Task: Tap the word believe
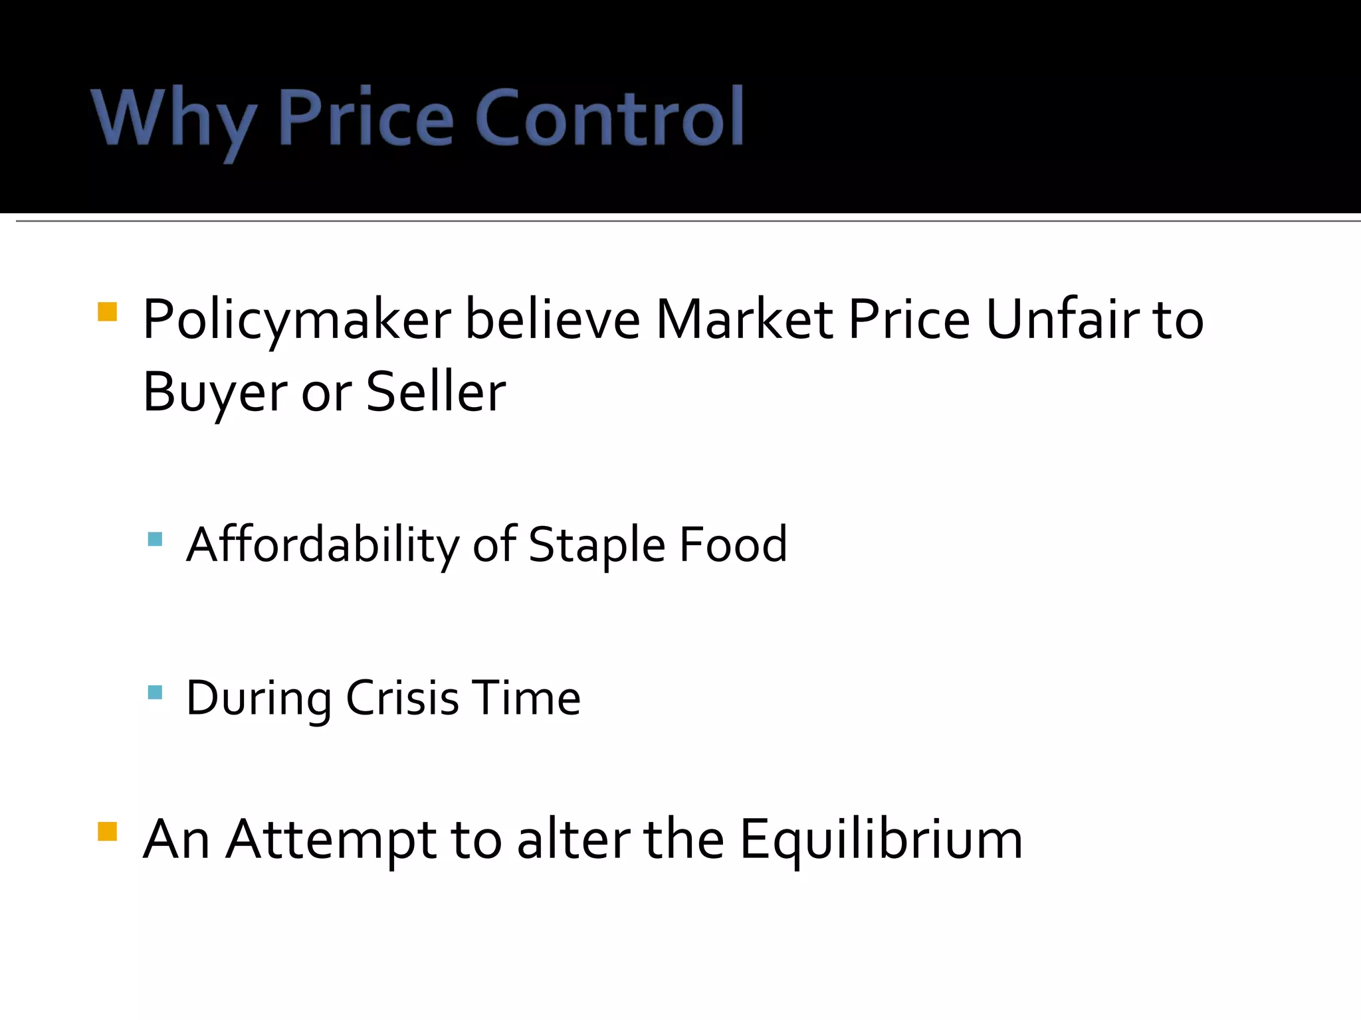(x=552, y=319)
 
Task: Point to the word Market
(x=744, y=319)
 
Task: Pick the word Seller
(x=436, y=392)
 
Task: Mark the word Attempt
(x=332, y=840)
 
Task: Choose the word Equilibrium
(x=881, y=840)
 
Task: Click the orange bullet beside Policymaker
(x=107, y=312)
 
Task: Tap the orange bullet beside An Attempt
(x=107, y=831)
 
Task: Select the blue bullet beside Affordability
(x=155, y=539)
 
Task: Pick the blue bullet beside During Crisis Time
(x=155, y=693)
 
